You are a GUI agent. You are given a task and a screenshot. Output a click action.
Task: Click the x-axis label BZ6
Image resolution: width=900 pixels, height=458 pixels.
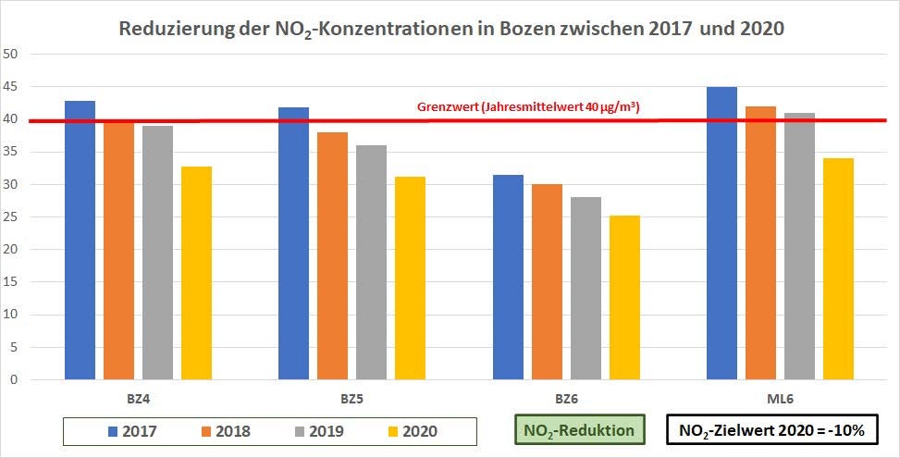tap(567, 399)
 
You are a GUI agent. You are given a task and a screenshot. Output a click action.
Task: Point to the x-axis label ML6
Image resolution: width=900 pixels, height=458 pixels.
tap(781, 399)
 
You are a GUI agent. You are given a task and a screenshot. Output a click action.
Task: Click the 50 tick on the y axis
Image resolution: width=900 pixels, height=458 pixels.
tap(12, 54)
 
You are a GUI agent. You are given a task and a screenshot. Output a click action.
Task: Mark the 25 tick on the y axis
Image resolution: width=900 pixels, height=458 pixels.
tap(12, 217)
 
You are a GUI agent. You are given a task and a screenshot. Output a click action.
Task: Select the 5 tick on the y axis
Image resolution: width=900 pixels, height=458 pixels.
tap(15, 347)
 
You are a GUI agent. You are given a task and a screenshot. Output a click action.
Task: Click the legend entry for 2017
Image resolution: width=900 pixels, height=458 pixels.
tap(131, 431)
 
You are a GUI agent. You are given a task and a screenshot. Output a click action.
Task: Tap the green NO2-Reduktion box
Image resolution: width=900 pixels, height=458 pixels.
tap(579, 430)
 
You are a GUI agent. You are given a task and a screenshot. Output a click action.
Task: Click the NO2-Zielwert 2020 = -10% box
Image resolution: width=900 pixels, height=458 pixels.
tap(771, 430)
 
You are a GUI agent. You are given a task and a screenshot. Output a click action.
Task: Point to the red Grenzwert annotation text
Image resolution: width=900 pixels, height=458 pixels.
tap(529, 108)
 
